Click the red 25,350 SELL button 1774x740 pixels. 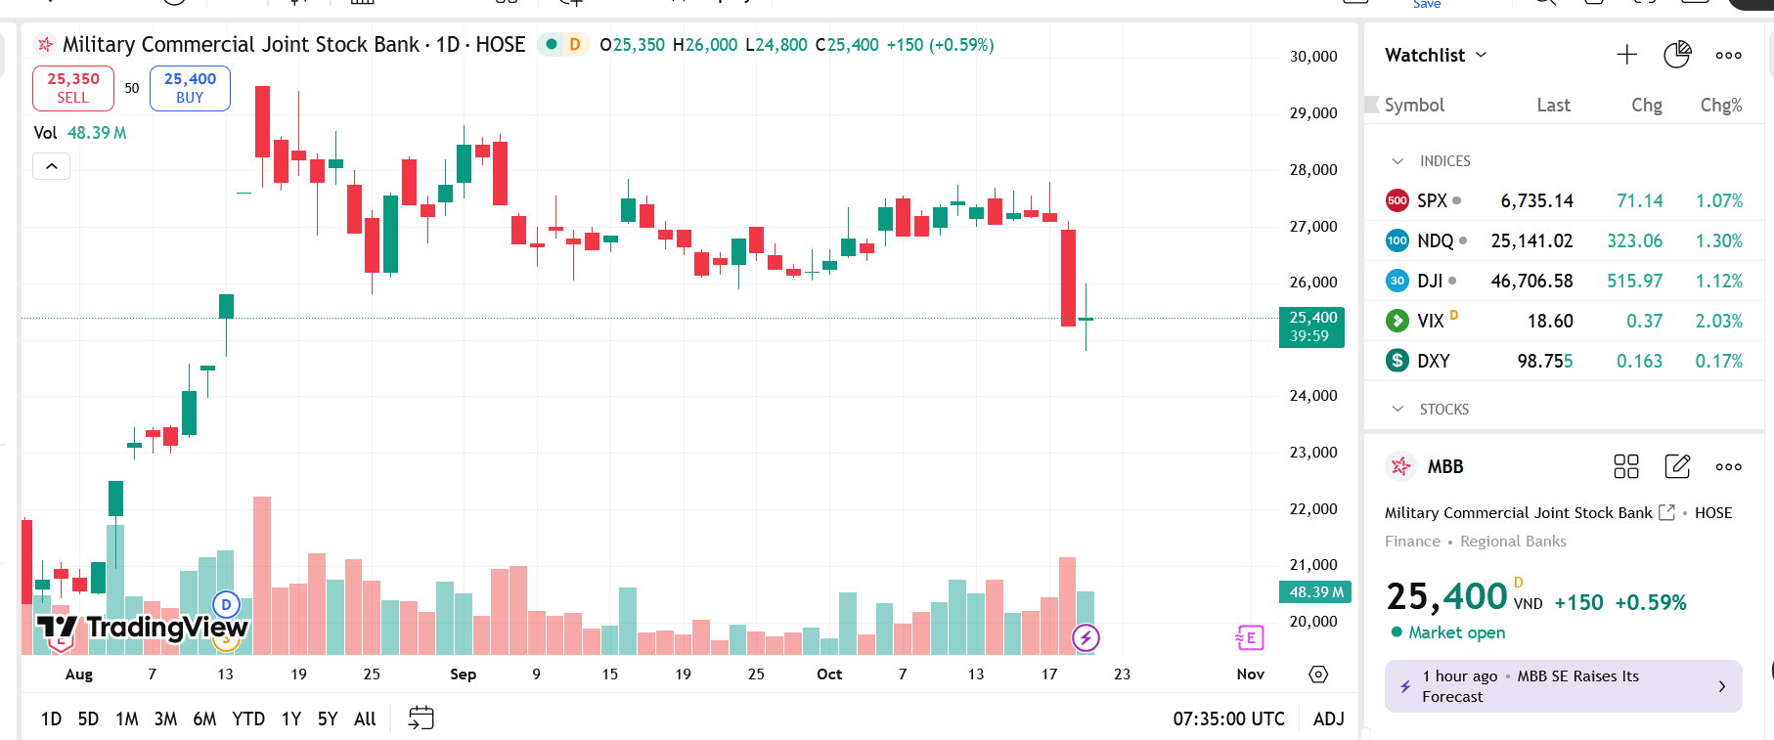[x=73, y=88]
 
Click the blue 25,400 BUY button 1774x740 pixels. [x=190, y=88]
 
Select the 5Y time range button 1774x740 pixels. [x=328, y=718]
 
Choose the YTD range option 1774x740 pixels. [x=248, y=718]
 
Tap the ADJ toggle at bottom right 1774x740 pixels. [x=1328, y=718]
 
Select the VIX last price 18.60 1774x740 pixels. [x=1550, y=321]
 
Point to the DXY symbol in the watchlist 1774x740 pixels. [x=1433, y=361]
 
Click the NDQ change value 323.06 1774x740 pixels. [x=1634, y=240]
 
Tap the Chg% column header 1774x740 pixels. [x=1720, y=105]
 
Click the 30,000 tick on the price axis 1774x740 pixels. [x=1313, y=57]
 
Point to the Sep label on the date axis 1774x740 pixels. [x=463, y=674]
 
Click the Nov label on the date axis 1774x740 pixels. [x=1250, y=674]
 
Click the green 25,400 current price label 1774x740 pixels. [x=1312, y=326]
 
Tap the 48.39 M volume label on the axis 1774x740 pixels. [x=1315, y=591]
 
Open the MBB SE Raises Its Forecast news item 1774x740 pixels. [x=1563, y=686]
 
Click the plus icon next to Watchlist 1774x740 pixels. [x=1626, y=55]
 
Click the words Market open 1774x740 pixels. [x=1456, y=632]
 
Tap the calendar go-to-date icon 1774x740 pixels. [x=421, y=718]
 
